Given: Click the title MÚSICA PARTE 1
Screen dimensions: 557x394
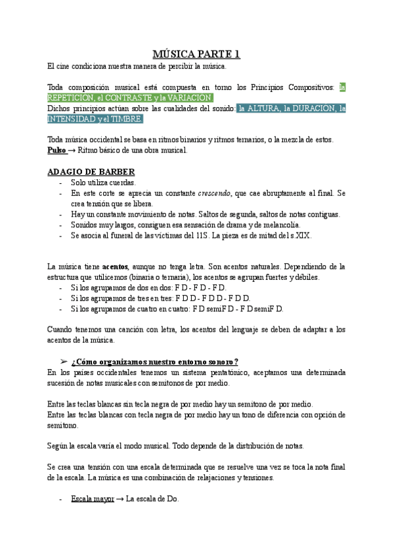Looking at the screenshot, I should click(196, 53).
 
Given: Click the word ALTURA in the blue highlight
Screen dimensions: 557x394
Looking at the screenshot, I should click(268, 108).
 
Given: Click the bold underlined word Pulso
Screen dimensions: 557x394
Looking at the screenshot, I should click(57, 150).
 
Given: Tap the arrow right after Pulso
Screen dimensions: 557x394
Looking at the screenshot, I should click(72, 150).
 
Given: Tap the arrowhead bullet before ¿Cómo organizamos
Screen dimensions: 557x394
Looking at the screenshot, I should click(64, 362).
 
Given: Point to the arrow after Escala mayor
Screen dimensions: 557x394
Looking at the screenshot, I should click(120, 499).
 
